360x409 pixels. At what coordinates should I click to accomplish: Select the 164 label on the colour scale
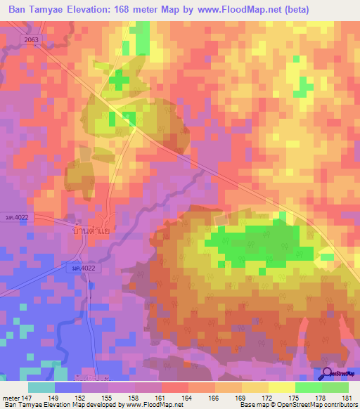(188, 398)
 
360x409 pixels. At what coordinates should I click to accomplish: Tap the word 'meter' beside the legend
(12, 398)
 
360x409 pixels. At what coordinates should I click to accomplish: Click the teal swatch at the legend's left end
(41, 387)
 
